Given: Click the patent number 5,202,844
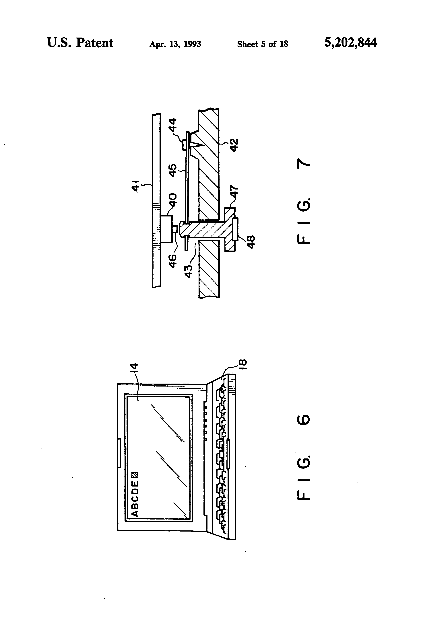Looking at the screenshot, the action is (351, 43).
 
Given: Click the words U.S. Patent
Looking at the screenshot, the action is (80, 43).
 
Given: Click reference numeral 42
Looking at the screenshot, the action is (234, 145).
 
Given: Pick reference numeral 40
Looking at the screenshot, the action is (173, 200).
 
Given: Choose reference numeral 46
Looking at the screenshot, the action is (173, 261).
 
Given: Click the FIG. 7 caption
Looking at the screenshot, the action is (303, 203).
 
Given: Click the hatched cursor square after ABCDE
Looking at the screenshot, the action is (135, 475).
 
